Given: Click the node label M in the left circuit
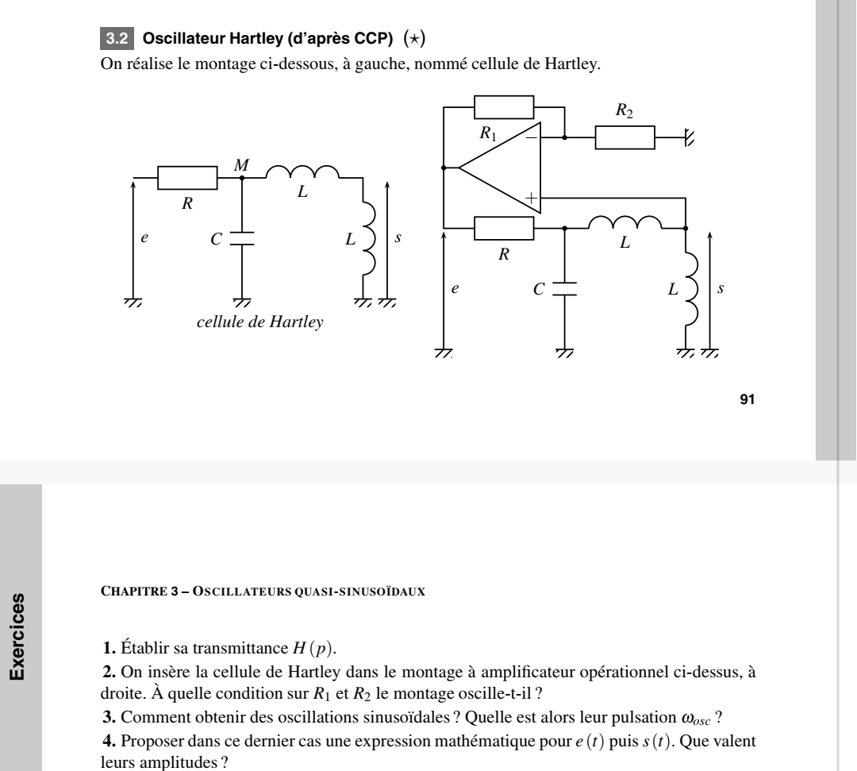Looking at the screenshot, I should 242,165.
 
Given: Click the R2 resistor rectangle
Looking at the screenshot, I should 625,137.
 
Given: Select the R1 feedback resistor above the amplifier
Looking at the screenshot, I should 503,106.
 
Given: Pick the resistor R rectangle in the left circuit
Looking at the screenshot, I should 187,179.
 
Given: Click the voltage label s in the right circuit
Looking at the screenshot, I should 721,290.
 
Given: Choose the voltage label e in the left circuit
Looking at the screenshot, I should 145,238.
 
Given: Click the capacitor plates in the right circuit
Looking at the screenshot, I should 564,289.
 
